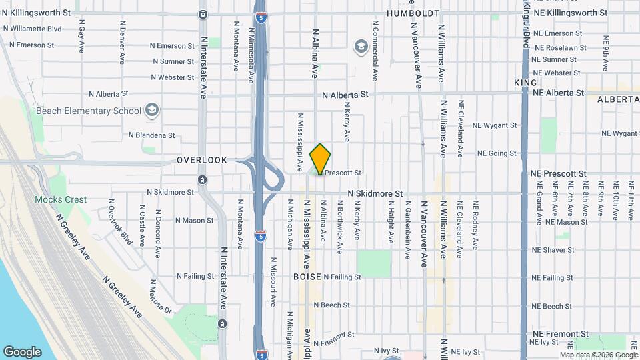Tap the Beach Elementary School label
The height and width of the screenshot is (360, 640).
tap(88, 111)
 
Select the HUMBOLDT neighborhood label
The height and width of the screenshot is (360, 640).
tap(413, 13)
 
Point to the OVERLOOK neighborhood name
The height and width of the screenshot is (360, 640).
tap(202, 160)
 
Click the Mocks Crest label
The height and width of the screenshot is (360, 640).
tap(61, 199)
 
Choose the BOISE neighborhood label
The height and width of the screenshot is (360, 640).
tap(307, 276)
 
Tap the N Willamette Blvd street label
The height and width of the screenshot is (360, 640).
tap(32, 29)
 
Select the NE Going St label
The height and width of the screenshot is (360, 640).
tap(497, 153)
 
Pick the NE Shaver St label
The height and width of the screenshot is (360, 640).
tap(553, 250)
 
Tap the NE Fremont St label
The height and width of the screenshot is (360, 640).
tap(559, 333)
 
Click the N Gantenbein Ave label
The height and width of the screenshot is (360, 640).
tap(407, 229)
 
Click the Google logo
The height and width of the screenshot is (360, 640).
tap(22, 352)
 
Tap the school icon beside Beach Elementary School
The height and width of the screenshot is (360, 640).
tap(152, 110)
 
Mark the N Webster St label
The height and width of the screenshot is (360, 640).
tap(172, 77)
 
